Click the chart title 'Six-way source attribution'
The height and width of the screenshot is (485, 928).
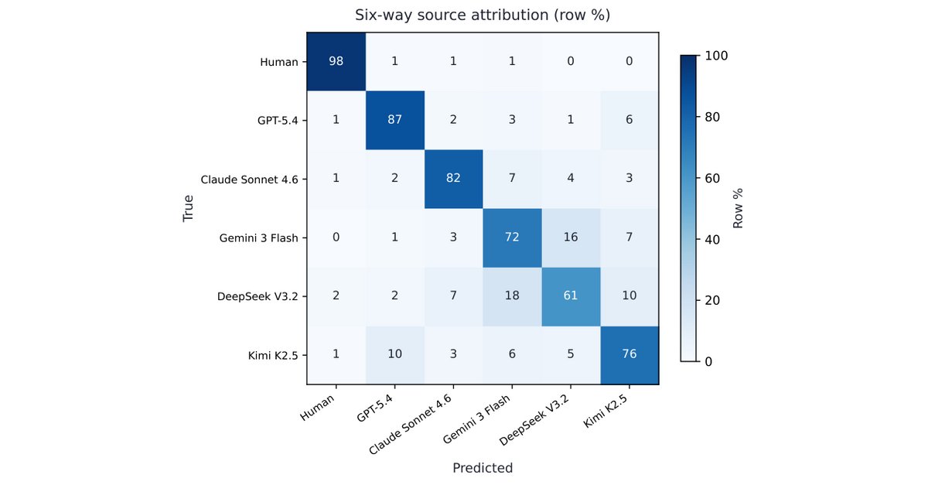(452, 15)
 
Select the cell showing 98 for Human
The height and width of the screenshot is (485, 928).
(336, 61)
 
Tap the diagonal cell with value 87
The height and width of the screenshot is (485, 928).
(395, 120)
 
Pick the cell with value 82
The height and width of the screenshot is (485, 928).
(454, 179)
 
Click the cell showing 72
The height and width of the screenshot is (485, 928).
(512, 237)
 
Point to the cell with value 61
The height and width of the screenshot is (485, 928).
(571, 296)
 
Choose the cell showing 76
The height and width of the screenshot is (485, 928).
(629, 355)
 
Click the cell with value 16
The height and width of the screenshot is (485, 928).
(571, 237)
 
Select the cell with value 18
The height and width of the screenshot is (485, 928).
(512, 296)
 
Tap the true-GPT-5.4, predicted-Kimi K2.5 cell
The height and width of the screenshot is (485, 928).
(629, 120)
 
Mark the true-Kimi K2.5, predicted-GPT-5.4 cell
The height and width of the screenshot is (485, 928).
(395, 355)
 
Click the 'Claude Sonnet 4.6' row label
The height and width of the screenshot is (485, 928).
(249, 179)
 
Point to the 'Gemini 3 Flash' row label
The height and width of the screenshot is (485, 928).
(258, 238)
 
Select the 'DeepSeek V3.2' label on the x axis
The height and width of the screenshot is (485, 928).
(534, 419)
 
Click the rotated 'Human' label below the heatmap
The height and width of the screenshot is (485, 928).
(317, 407)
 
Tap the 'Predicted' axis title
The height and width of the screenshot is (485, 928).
(483, 468)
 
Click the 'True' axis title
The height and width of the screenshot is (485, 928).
(188, 209)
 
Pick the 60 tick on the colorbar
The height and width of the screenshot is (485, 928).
(712, 178)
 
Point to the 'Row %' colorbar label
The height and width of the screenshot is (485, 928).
(738, 209)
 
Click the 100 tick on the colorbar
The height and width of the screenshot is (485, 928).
(716, 56)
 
